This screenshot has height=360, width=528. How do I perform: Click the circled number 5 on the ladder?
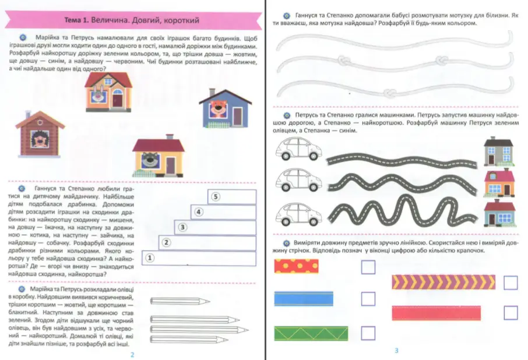pos(216,197)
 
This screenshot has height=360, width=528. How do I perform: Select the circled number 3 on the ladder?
pos(182,227)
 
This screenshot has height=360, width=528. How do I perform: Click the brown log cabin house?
pos(40,133)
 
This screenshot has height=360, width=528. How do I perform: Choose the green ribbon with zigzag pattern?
pos(310,333)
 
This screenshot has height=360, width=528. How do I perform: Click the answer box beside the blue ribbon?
pos(368,298)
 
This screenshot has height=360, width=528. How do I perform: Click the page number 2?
pos(132,354)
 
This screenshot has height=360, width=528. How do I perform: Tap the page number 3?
pos(396,350)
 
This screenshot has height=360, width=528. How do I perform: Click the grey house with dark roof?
pos(499,151)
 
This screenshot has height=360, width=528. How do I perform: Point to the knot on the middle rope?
pos(442,62)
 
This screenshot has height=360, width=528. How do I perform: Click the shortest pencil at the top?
pos(173,301)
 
